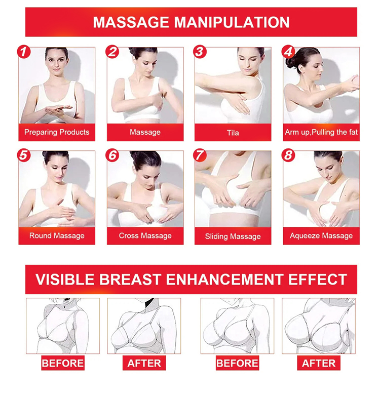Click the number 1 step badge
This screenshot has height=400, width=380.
coord(24,52)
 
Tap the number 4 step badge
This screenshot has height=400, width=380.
coord(288,52)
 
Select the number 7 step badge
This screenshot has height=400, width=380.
coord(200,155)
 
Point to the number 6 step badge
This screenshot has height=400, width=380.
coord(112,155)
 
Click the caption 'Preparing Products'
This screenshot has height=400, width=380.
coord(57,132)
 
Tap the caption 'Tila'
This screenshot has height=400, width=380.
coord(233,133)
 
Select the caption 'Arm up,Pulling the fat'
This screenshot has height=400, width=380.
coord(321,132)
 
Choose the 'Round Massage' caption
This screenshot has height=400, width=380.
coord(57,235)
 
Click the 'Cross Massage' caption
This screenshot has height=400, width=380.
coord(145,235)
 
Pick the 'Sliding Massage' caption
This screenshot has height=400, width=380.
coord(233,236)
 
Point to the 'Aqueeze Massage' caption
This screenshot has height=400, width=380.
coord(321,235)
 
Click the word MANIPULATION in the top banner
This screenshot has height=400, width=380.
coord(232,22)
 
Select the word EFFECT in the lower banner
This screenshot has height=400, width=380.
coord(318,279)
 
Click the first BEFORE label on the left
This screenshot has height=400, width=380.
coord(63,363)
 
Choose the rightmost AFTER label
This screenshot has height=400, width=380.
coord(319,363)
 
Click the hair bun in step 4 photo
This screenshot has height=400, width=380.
coord(291,62)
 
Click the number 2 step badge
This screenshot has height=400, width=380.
coord(112,52)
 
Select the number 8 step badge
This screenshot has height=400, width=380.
coord(288,155)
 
